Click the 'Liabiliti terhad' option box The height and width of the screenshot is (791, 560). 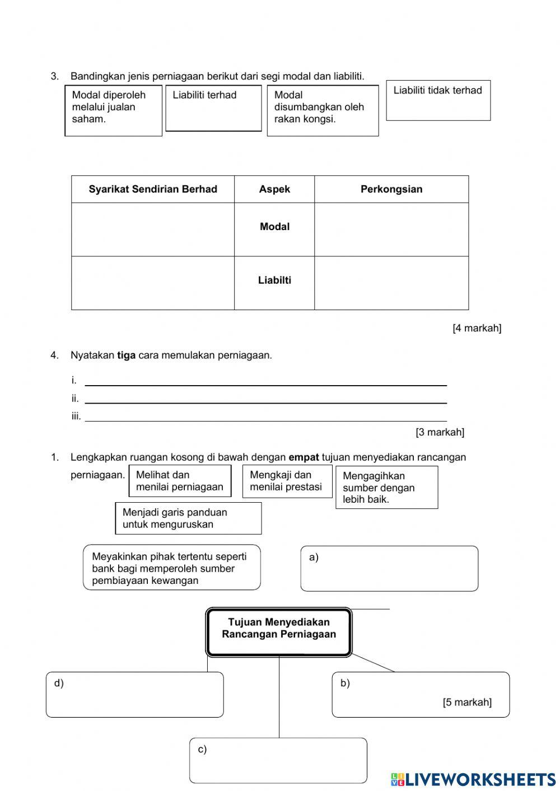coord(213,108)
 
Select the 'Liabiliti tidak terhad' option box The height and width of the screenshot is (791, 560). coord(438,100)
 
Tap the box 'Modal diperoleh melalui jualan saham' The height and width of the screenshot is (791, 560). coord(114,110)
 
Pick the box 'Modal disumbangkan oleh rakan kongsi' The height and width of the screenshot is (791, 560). coord(323,110)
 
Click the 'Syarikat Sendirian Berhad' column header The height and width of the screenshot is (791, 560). coord(153,189)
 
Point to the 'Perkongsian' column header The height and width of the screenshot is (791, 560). coord(391,189)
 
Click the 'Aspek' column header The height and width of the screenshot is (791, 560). coord(274,189)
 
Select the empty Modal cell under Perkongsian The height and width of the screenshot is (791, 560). coord(391,230)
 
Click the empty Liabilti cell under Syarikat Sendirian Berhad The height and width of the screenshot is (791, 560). coord(153,283)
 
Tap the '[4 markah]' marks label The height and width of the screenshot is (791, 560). coord(477,328)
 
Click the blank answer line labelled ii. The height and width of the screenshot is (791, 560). coord(265,398)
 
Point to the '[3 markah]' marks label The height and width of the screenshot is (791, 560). coord(440,432)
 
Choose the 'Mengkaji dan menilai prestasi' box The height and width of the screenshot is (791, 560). coord(287,481)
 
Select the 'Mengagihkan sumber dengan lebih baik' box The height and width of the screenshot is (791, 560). coord(386,487)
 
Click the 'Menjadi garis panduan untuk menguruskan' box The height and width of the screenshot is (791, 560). coord(188,518)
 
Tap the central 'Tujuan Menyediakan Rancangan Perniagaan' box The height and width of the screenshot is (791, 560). coord(279,631)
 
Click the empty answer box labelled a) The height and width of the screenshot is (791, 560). coord(389,569)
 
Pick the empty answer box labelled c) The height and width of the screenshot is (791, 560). coord(278,760)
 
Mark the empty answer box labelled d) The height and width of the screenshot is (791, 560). coord(135,695)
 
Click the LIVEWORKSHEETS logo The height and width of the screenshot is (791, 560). coord(473,779)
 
